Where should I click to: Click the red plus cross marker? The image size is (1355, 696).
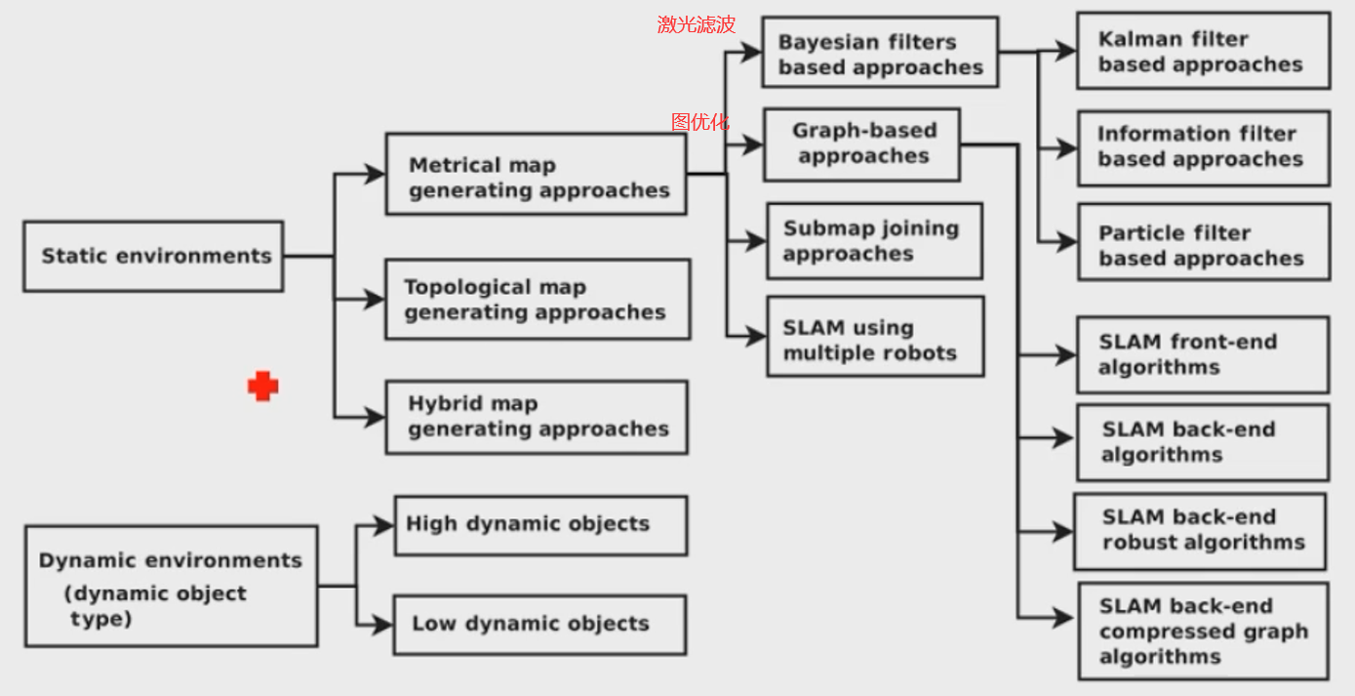pos(262,387)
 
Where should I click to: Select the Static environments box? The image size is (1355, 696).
pos(153,256)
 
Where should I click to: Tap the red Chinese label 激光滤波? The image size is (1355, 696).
pos(696,25)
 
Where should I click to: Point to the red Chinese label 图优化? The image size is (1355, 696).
pos(699,122)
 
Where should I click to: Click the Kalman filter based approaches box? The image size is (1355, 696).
pos(1202,52)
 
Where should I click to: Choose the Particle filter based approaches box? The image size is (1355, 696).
pos(1202,245)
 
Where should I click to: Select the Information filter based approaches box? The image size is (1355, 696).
pos(1202,147)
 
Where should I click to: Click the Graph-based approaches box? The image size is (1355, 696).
pos(862,144)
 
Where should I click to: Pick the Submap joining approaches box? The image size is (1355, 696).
pos(873,241)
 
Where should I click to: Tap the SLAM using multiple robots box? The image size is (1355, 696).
pos(873,340)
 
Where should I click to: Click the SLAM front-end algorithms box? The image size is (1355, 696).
pos(1202,355)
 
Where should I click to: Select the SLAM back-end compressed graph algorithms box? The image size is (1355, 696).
pos(1202,632)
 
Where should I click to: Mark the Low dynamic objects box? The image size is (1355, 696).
pos(539,624)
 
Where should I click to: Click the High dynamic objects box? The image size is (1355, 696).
pos(539,524)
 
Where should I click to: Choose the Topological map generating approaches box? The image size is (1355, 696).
pos(537,300)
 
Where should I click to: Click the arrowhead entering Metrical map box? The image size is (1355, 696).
pos(376,175)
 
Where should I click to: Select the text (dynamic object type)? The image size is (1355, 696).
pos(156,605)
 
